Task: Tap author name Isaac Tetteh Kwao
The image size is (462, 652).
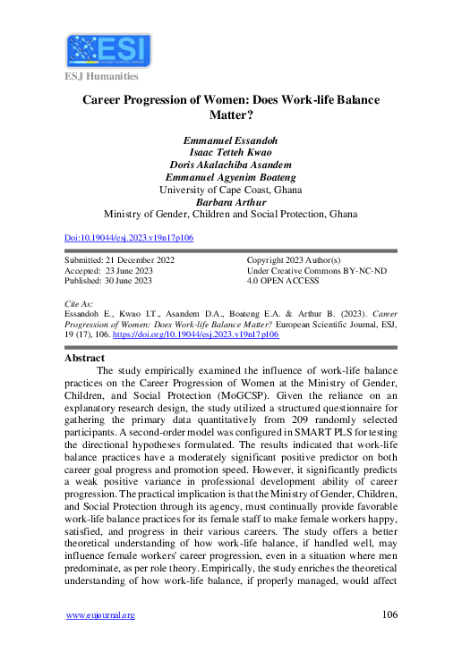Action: pos(231,152)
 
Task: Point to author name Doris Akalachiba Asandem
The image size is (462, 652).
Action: pos(231,165)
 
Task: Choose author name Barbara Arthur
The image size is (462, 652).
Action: pos(231,202)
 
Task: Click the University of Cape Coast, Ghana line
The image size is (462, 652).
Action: pos(231,190)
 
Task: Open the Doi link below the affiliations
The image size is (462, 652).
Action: pos(130,238)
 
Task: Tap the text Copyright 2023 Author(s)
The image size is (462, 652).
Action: pos(296,259)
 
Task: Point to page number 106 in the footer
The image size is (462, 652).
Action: pos(389,614)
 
